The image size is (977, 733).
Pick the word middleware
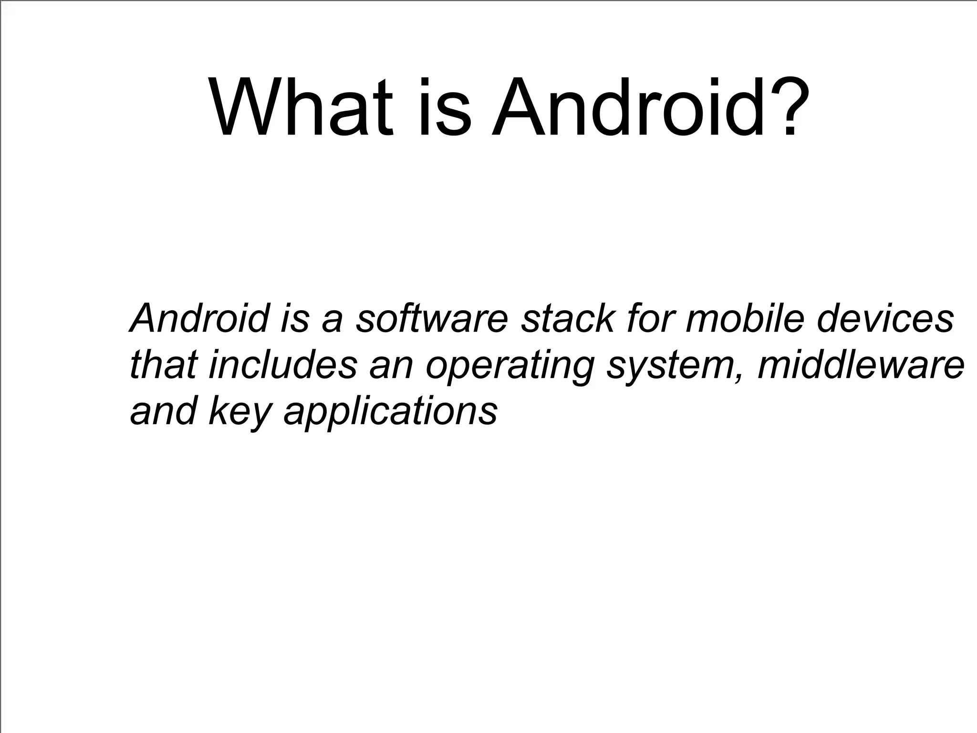pos(861,365)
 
